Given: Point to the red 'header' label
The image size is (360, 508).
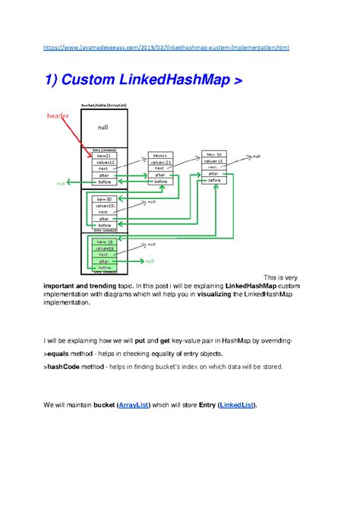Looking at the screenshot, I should pyautogui.click(x=58, y=116).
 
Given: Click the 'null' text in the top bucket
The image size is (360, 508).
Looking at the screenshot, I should pyautogui.click(x=103, y=128).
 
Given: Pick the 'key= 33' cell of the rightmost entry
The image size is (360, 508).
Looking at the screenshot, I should pyautogui.click(x=213, y=154).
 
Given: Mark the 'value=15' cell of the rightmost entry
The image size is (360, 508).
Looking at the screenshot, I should pyautogui.click(x=213, y=161).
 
